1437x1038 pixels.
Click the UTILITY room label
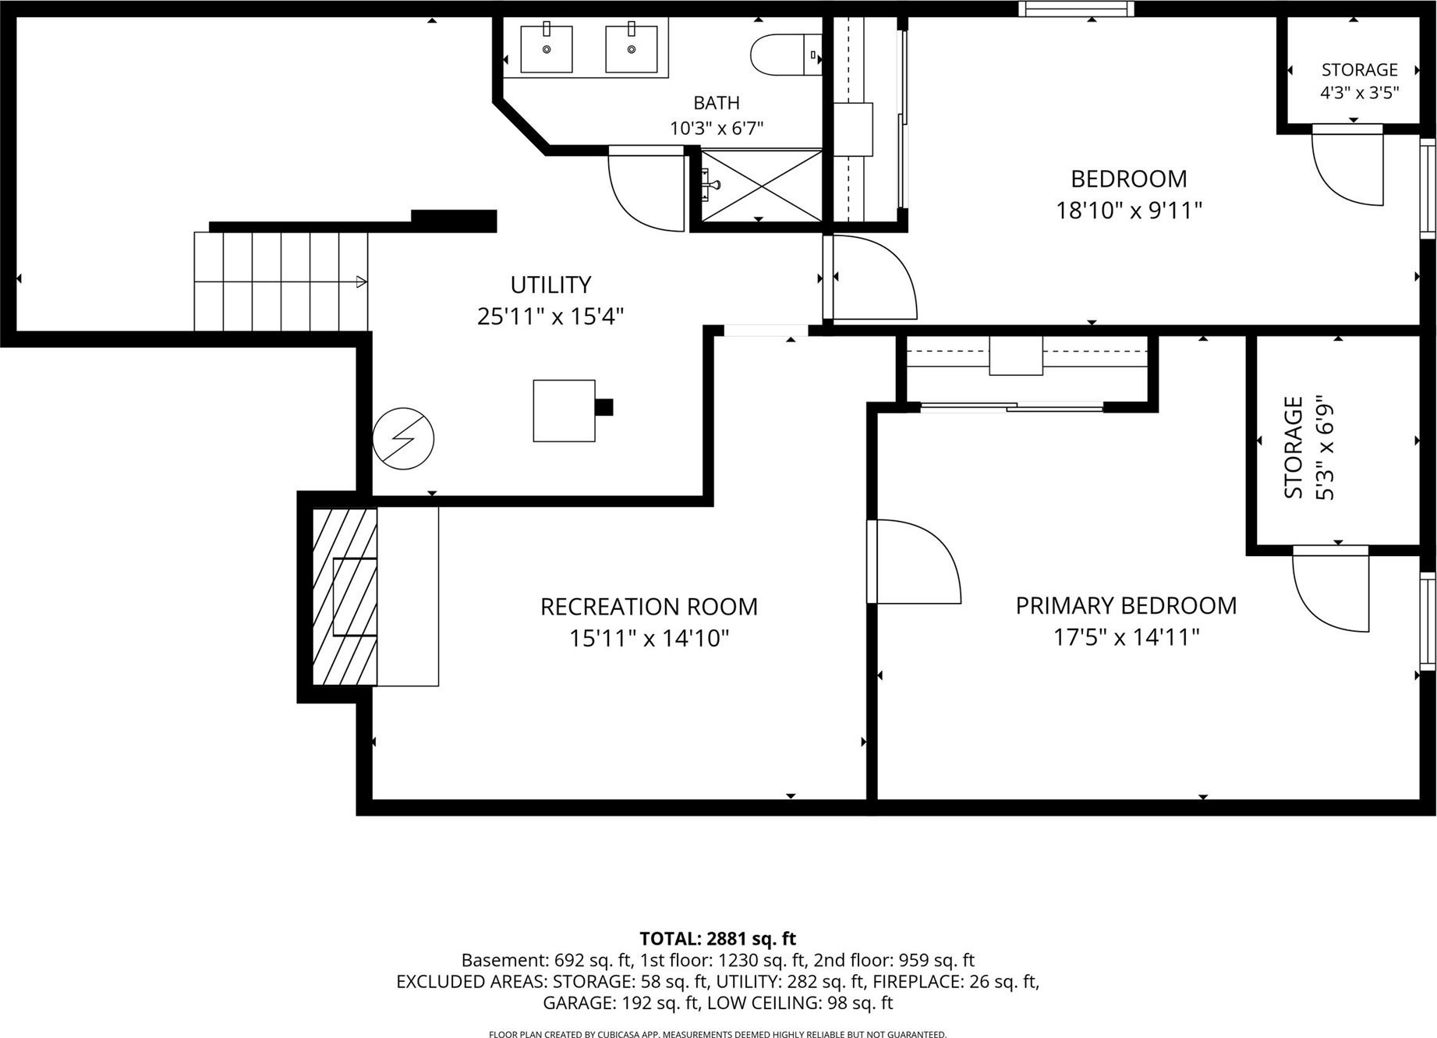click(550, 284)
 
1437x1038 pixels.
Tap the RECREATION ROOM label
click(649, 606)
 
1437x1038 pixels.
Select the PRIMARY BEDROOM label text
click(1126, 605)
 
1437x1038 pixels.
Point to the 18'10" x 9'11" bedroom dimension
click(1129, 211)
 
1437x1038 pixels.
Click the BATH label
click(717, 102)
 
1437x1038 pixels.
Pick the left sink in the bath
click(547, 48)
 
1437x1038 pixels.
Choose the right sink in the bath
click(632, 48)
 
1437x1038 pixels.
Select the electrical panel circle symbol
click(403, 438)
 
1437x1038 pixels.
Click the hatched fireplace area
click(345, 597)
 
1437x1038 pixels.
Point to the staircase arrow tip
click(366, 282)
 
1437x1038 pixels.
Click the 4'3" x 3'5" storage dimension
click(1359, 93)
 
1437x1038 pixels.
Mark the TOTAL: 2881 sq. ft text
click(717, 938)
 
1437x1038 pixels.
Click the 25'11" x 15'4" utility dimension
click(550, 317)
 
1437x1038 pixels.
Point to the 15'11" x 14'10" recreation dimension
click(649, 639)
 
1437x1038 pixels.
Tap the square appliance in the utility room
click(565, 411)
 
